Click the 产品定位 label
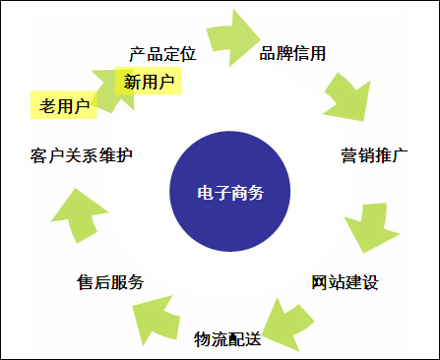coord(162,52)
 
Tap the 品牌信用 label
coord(292,52)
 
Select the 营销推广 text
coord(375,155)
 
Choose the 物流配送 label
coord(227,339)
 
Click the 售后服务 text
coord(110,282)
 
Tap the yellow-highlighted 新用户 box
coord(149,82)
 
